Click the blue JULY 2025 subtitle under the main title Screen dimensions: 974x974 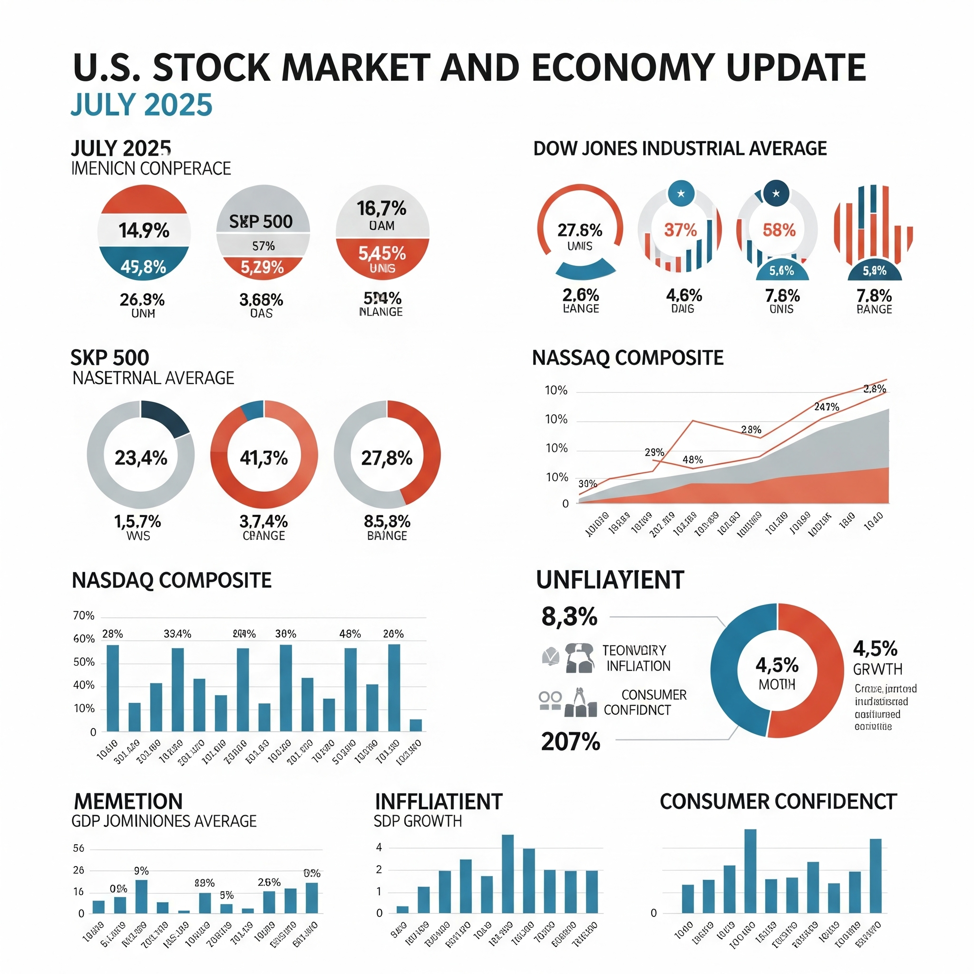(x=141, y=105)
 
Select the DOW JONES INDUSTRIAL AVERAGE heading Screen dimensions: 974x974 (x=680, y=149)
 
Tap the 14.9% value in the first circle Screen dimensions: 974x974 (x=144, y=231)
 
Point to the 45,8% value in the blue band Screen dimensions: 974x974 (x=143, y=267)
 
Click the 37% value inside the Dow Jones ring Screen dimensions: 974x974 (x=680, y=230)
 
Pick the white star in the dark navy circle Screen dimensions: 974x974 (x=776, y=194)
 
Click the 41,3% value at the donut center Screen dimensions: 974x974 (x=263, y=458)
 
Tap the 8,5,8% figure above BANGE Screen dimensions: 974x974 (x=387, y=521)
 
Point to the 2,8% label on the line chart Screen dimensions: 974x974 (x=874, y=389)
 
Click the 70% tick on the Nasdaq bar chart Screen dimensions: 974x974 (x=84, y=615)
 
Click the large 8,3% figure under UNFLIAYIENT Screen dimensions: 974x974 (x=569, y=616)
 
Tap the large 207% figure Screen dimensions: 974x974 (x=571, y=741)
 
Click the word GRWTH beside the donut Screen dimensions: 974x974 (x=877, y=670)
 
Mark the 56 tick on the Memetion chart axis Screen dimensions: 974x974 (x=78, y=848)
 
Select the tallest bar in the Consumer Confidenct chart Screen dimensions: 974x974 (x=750, y=871)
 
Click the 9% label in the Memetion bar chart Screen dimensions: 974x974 (x=141, y=871)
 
